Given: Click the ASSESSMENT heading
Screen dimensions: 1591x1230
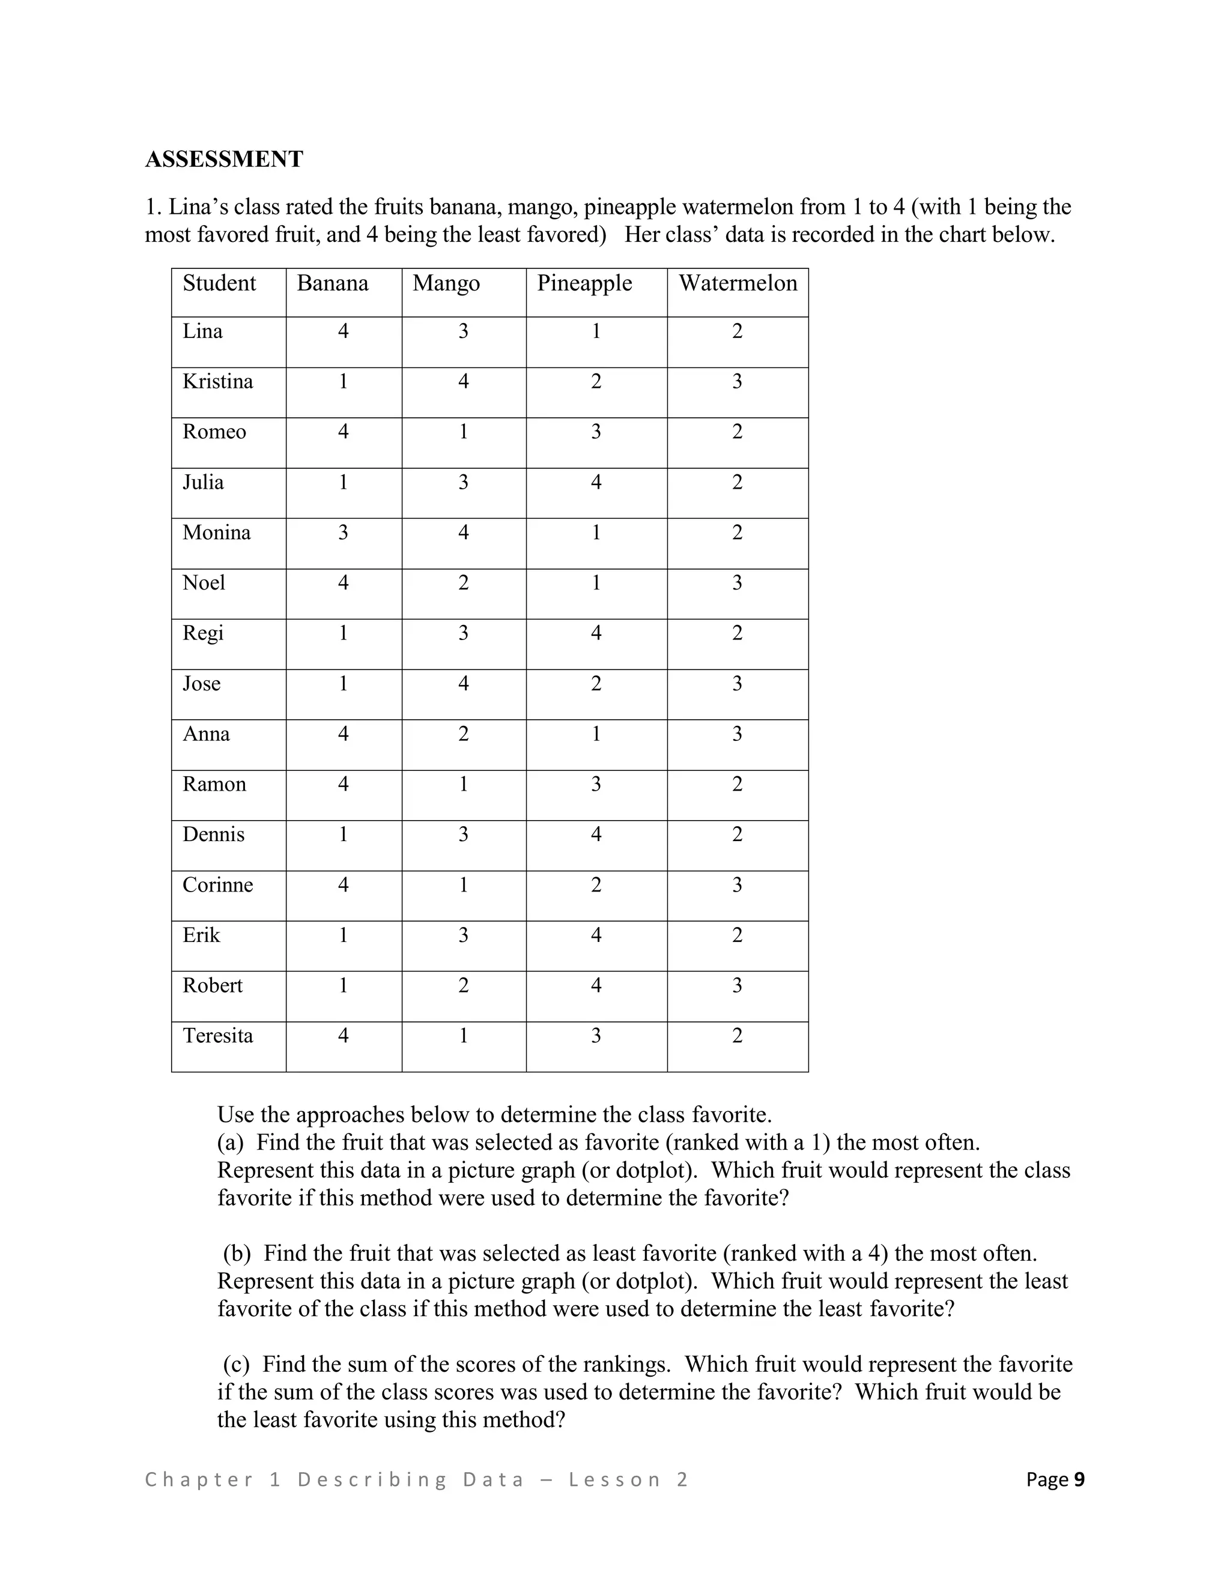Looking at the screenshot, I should click(223, 159).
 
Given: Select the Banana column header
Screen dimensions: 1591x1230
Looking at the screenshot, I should click(332, 283).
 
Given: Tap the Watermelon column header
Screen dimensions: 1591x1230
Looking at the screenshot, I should click(738, 283).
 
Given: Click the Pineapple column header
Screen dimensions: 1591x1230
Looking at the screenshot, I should click(584, 283).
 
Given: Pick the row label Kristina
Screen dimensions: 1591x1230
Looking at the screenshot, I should click(217, 382).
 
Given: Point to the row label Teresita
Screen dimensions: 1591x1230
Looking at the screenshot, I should click(217, 1036).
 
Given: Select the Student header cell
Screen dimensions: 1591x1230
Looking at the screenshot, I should click(219, 283).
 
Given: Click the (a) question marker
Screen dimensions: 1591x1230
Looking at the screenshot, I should click(230, 1143).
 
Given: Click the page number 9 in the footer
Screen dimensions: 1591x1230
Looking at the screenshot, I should click(1079, 1479).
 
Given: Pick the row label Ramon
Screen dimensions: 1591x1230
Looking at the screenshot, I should click(214, 785).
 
